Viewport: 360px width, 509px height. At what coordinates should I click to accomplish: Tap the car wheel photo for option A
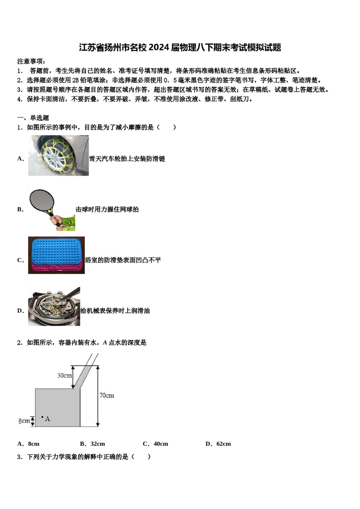pos(58,156)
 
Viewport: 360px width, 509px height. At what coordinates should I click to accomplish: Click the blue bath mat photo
pos(56,255)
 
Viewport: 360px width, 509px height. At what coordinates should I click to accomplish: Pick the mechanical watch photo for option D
pos(54,306)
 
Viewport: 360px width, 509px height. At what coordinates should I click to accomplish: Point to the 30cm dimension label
pos(64,375)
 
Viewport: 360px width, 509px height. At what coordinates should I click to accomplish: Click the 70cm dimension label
pos(106,395)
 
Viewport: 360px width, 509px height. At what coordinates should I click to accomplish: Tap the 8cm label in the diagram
pos(24,421)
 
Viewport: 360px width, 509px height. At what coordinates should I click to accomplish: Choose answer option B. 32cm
pos(92,444)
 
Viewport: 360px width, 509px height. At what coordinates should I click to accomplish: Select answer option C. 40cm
pos(155,444)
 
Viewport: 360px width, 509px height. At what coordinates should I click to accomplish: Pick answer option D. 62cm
pos(218,444)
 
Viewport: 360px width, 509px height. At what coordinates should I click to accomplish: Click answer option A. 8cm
pos(28,444)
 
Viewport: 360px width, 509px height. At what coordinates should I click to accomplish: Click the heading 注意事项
pos(31,61)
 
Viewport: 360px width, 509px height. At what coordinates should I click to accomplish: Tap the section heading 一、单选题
pos(33,118)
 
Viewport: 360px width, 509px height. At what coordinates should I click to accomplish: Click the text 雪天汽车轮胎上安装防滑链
pos(127,159)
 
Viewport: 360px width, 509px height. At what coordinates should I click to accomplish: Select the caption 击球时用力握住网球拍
pos(107,209)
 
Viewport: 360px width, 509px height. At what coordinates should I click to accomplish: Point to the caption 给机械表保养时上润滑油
pos(115,311)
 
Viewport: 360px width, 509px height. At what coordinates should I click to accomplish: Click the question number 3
pos(19,457)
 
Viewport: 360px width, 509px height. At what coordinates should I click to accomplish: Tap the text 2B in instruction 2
pos(75,80)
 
